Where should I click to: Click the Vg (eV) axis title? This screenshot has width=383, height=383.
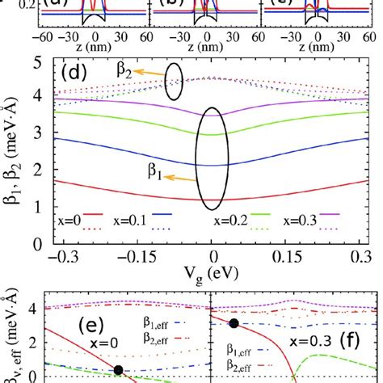pos(212,275)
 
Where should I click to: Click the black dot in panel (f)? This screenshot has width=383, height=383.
pos(234,323)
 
